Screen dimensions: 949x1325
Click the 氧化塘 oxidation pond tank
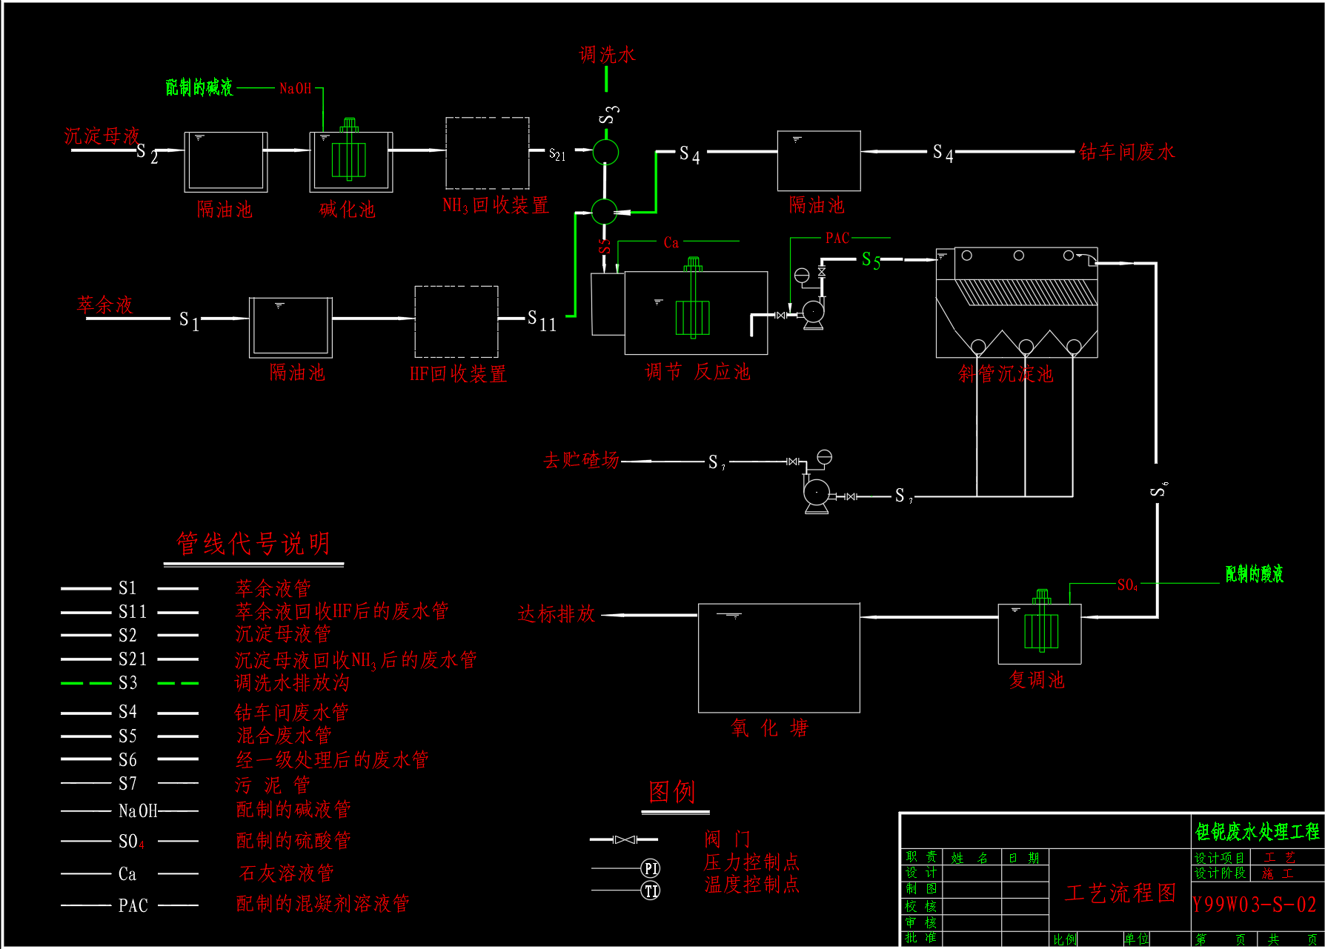pos(779,658)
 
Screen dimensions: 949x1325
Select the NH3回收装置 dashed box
pos(487,153)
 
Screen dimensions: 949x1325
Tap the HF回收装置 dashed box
pos(456,322)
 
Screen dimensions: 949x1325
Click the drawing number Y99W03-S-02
pos(1254,905)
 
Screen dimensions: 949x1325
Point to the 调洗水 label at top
pos(607,55)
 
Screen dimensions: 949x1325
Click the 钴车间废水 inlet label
pos(1126,152)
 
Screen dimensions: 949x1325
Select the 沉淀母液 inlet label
pos(102,136)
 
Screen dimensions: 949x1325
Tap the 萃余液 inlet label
pos(104,304)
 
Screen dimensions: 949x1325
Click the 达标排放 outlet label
pos(557,613)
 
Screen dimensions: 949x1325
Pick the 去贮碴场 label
pos(581,460)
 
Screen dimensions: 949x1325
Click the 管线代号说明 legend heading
pos(253,544)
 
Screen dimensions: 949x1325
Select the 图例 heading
pos(671,792)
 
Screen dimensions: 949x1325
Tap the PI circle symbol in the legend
pos(651,868)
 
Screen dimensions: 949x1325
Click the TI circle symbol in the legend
pos(651,890)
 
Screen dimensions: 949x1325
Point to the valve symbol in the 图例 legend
pos(624,839)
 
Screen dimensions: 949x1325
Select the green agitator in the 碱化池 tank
pos(348,156)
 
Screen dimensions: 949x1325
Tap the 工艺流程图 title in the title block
pos(1120,893)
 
